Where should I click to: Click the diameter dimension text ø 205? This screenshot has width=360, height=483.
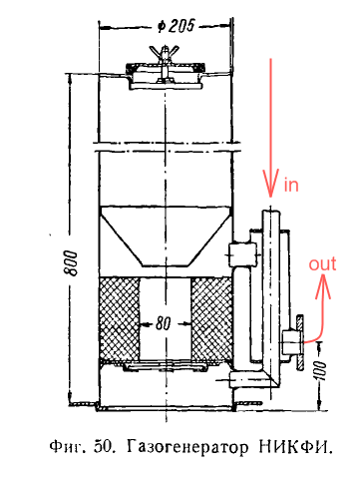[x=176, y=25]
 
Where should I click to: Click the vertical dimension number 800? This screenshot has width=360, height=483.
[x=71, y=262]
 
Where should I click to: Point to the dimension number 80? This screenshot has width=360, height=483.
[x=163, y=323]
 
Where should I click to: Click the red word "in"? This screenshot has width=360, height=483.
[x=291, y=185]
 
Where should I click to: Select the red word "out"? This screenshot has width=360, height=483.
[x=322, y=264]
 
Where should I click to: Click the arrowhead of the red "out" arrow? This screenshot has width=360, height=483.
[x=324, y=287]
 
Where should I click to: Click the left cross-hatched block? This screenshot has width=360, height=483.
[x=120, y=319]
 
